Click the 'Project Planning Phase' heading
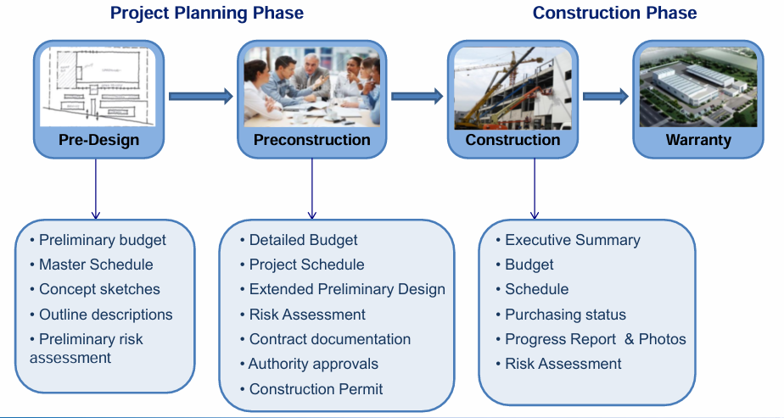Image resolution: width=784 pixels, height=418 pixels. tap(206, 13)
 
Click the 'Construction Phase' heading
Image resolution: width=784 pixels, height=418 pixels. tap(614, 13)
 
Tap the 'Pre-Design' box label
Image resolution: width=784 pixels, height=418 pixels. tap(99, 140)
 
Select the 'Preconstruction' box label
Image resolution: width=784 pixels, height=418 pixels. tap(312, 140)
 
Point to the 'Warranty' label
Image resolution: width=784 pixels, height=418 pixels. tap(698, 140)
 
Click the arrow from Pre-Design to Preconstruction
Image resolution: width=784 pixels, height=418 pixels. tap(201, 96)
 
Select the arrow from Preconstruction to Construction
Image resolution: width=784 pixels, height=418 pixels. tap(417, 96)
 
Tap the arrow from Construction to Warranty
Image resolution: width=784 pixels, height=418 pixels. tap(606, 96)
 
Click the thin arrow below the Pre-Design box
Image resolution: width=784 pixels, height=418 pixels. tap(96, 189)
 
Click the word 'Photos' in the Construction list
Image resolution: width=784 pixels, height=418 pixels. tap(663, 339)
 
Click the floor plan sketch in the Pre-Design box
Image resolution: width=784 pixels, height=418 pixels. tap(98, 86)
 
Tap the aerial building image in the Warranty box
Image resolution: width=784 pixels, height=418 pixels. tap(698, 86)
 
